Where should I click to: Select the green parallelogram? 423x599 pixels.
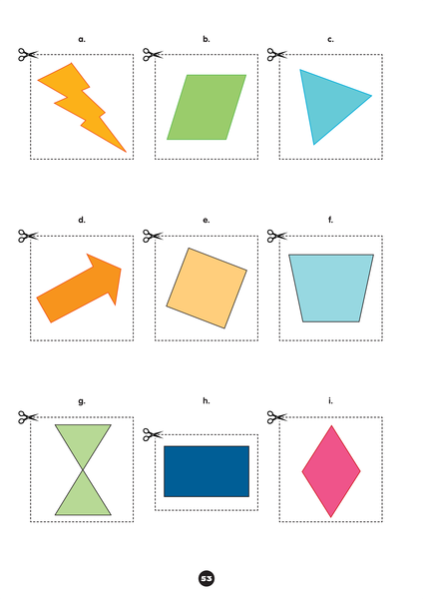(x=207, y=107)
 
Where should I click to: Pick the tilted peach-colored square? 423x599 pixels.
(x=207, y=289)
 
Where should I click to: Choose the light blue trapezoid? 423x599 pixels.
(x=331, y=289)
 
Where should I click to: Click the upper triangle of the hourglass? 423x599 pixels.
(x=83, y=443)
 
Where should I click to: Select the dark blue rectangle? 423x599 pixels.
(x=207, y=471)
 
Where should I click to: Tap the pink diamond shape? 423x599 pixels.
(x=331, y=471)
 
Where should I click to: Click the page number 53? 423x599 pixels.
(x=207, y=578)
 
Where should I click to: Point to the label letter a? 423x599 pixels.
(x=82, y=39)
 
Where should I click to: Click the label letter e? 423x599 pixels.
(x=207, y=221)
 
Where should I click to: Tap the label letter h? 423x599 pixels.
(x=207, y=400)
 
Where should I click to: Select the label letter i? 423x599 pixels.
(x=330, y=400)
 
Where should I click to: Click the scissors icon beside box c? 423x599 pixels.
(x=276, y=55)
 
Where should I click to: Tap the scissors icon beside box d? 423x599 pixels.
(x=28, y=236)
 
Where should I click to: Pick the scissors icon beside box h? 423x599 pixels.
(x=153, y=434)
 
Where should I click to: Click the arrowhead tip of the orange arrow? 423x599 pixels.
(x=121, y=269)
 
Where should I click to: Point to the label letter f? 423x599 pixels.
(x=330, y=220)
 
